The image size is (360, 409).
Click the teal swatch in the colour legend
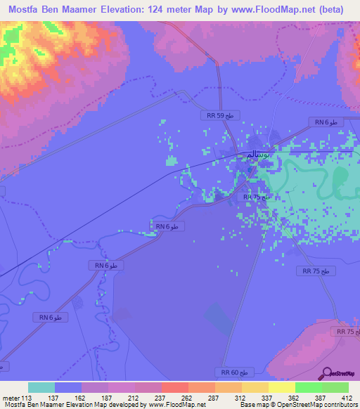(41, 387)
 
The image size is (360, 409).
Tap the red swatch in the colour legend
(174, 387)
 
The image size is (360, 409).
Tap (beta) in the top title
(339, 11)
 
